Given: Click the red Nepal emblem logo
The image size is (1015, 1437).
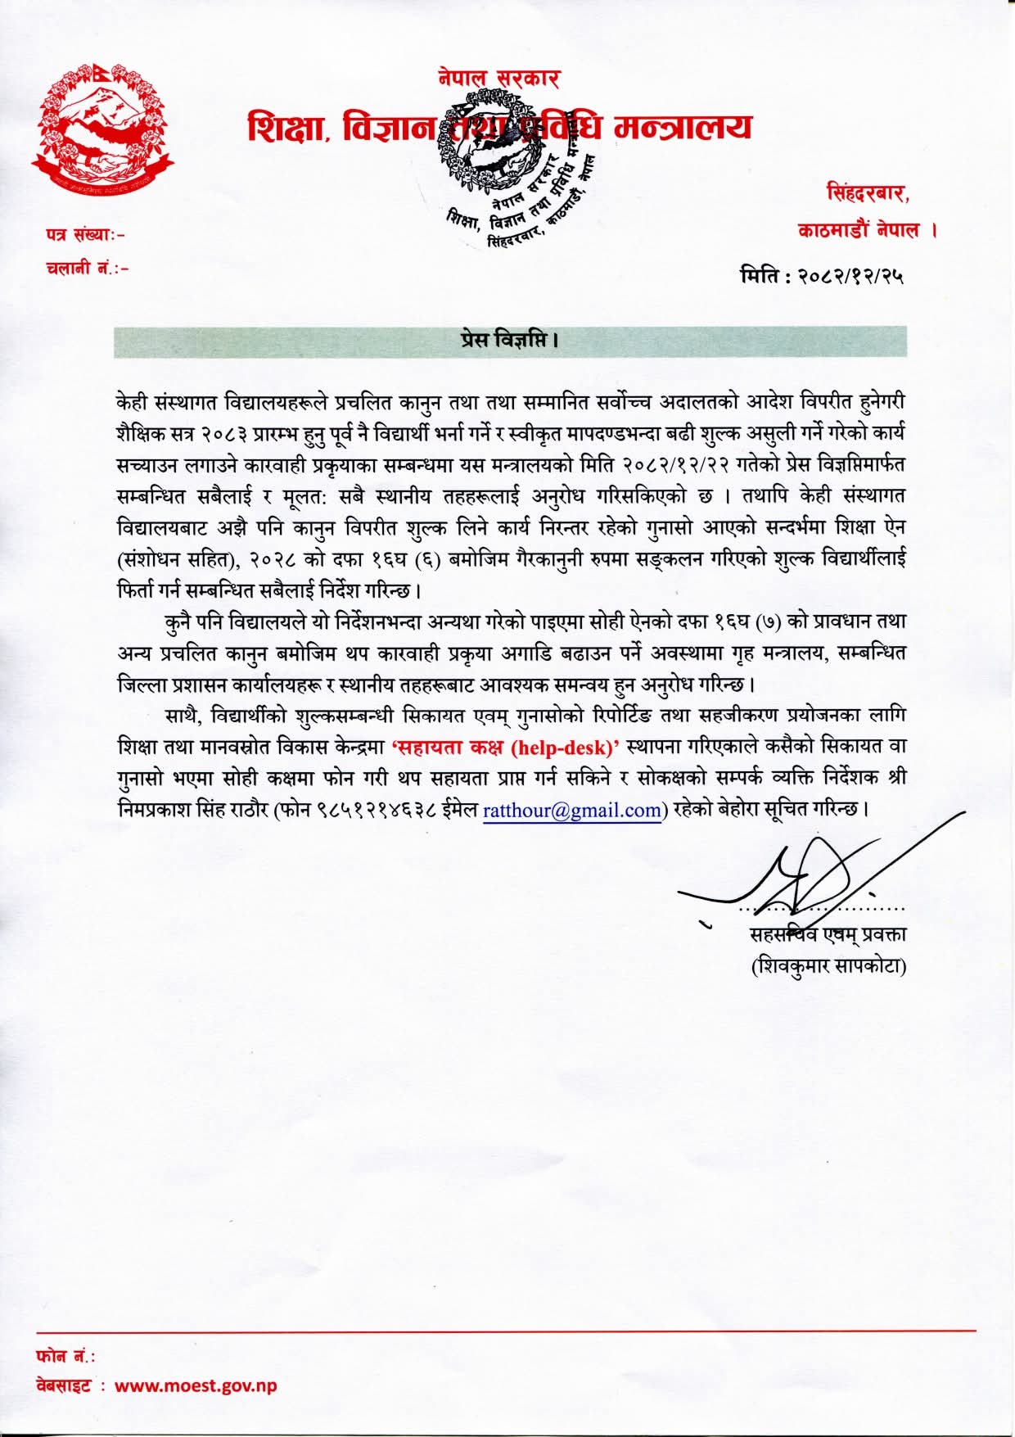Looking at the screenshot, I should tap(104, 129).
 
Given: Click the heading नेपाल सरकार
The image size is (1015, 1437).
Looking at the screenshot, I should tap(498, 79).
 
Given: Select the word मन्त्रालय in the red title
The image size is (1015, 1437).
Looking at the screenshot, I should tap(683, 128).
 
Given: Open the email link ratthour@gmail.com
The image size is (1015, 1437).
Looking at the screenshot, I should tap(572, 811).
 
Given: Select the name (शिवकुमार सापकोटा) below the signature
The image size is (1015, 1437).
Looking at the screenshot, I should tap(828, 966).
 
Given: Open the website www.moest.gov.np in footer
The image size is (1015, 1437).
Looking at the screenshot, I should tap(196, 1386).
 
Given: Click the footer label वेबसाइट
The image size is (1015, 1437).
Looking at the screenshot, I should tap(64, 1386).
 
